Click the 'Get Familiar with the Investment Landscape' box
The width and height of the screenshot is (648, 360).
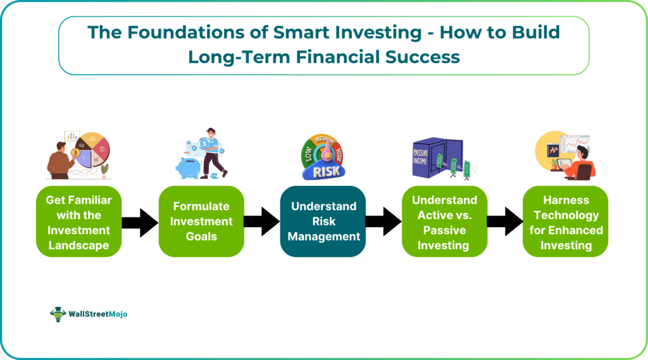(78, 221)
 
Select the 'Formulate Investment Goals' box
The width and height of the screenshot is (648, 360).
(201, 221)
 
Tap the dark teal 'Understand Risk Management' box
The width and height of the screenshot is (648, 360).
(323, 221)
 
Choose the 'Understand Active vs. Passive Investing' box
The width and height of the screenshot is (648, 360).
(444, 221)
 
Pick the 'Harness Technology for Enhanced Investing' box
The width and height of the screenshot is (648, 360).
(565, 221)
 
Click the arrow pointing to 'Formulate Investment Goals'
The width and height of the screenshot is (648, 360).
(140, 222)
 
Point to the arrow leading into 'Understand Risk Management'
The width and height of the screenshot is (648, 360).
(262, 222)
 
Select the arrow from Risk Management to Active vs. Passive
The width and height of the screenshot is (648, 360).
(383, 222)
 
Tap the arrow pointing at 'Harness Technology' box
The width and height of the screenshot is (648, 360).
(505, 222)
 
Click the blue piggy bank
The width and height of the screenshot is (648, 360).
(189, 168)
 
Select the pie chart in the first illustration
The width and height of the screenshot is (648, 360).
(92, 149)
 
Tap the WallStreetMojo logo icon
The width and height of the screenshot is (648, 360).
(58, 314)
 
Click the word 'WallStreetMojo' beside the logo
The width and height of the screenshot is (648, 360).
(98, 314)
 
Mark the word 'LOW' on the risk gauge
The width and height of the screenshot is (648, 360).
(308, 154)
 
